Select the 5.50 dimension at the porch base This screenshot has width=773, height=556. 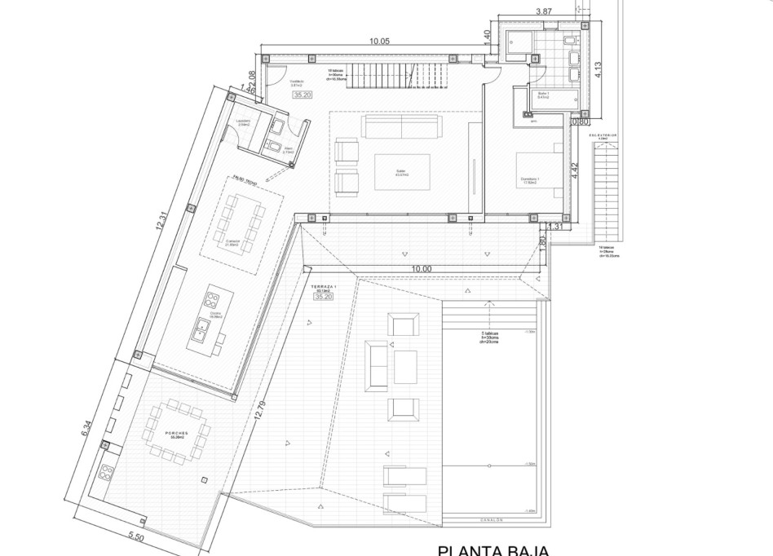click(x=137, y=539)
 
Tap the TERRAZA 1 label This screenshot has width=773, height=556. click(x=323, y=287)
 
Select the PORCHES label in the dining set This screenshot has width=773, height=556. click(x=176, y=434)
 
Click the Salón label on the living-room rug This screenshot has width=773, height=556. click(x=400, y=170)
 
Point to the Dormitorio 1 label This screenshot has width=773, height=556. click(x=533, y=180)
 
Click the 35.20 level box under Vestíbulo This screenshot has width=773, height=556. click(x=303, y=95)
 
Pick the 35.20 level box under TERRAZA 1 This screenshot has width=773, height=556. click(x=323, y=298)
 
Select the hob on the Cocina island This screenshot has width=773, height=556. click(x=214, y=297)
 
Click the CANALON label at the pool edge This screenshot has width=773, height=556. click(x=489, y=519)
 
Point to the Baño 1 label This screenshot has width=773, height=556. click(x=543, y=95)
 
